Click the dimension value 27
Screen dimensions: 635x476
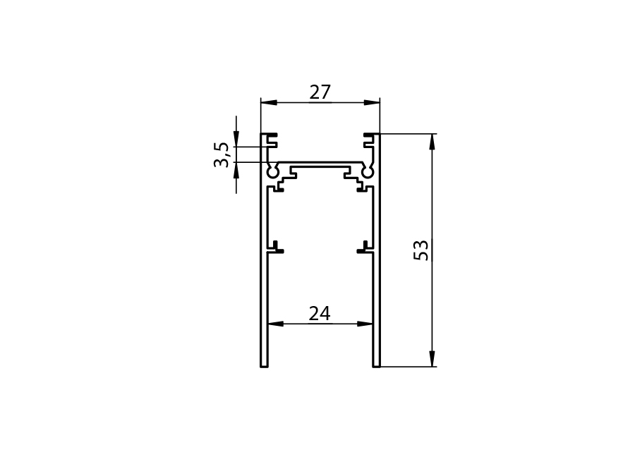[320, 92]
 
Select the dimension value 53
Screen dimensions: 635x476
[421, 250]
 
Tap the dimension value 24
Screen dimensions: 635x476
[320, 313]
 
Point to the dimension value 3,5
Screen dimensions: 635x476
[222, 154]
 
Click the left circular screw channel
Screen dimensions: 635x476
[272, 172]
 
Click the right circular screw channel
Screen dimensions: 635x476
[368, 172]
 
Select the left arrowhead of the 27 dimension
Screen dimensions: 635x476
[269, 102]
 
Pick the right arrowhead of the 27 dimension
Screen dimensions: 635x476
[372, 102]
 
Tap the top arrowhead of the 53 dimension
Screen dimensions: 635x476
[432, 142]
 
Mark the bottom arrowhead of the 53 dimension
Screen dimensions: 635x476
[432, 359]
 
